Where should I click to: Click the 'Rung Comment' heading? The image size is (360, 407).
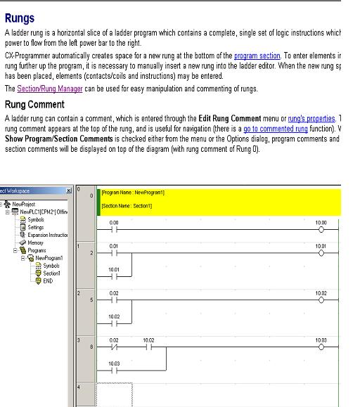pyautogui.click(x=35, y=104)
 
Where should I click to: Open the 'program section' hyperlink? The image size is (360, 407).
pyautogui.click(x=257, y=55)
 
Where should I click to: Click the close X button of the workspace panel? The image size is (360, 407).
pyautogui.click(x=68, y=190)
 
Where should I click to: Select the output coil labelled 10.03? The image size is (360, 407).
pyautogui.click(x=321, y=347)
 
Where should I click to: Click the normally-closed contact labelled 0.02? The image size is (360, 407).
pyautogui.click(x=114, y=347)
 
